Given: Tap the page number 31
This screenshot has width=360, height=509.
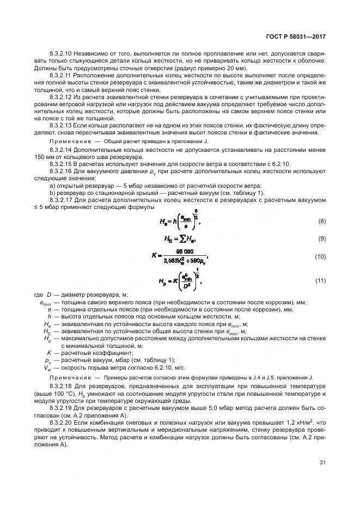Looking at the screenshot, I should click(322, 463).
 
